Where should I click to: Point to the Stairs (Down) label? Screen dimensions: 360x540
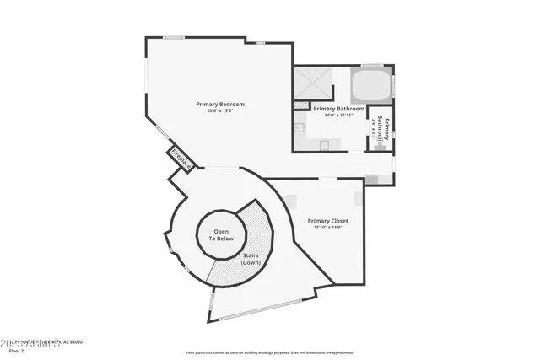(x=251, y=259)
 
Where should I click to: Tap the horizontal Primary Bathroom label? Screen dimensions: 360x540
(x=338, y=109)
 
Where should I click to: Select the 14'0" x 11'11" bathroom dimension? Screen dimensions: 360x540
(x=338, y=116)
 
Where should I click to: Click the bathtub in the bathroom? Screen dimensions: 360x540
(x=371, y=85)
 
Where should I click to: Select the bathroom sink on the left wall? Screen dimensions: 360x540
(x=300, y=128)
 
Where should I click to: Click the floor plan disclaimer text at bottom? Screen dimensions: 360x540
(x=269, y=352)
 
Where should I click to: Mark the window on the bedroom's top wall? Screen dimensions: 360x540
(x=174, y=37)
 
